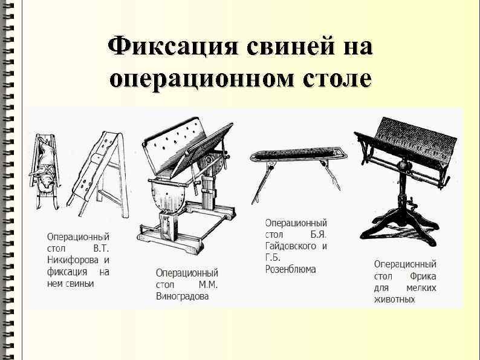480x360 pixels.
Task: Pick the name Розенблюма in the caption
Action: point(290,269)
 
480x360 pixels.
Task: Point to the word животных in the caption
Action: point(394,299)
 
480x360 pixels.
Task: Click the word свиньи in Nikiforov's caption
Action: point(80,283)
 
